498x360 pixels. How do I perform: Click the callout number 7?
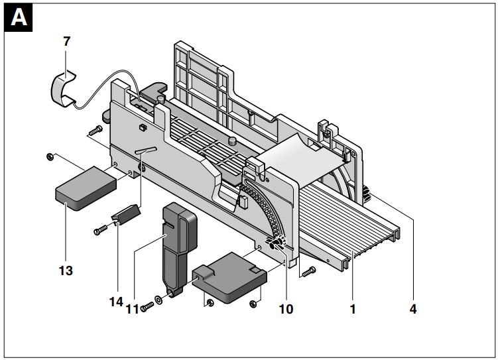click(x=66, y=41)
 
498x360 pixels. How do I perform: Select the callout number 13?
click(x=65, y=270)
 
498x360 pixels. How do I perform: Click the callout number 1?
click(x=353, y=308)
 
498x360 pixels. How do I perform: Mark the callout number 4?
click(x=413, y=308)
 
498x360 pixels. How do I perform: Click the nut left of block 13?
click(x=50, y=156)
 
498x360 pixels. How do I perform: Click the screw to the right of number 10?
click(x=306, y=271)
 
